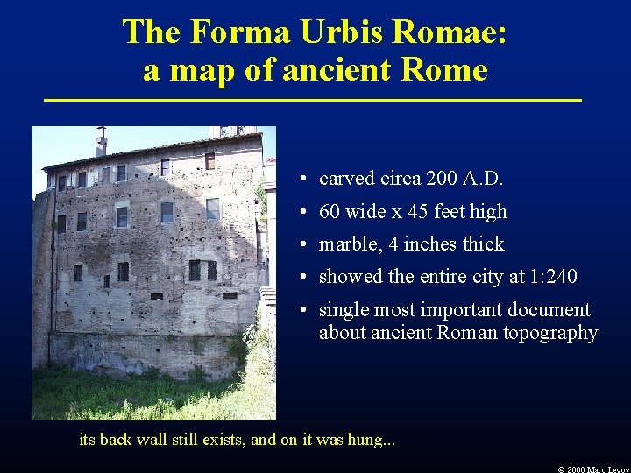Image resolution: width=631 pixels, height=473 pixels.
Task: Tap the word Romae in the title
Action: click(x=457, y=32)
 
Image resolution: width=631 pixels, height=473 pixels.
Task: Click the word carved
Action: click(x=346, y=179)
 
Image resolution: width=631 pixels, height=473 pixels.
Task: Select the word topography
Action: click(x=550, y=333)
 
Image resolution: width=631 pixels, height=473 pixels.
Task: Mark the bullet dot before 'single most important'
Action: click(x=301, y=311)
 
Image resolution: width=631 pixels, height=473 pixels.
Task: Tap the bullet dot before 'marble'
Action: click(x=301, y=245)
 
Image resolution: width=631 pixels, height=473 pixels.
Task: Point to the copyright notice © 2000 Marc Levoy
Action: click(x=593, y=469)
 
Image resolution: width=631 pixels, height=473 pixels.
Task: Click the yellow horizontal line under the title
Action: click(x=313, y=102)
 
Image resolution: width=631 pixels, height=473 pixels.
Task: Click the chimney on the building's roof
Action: click(x=101, y=141)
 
